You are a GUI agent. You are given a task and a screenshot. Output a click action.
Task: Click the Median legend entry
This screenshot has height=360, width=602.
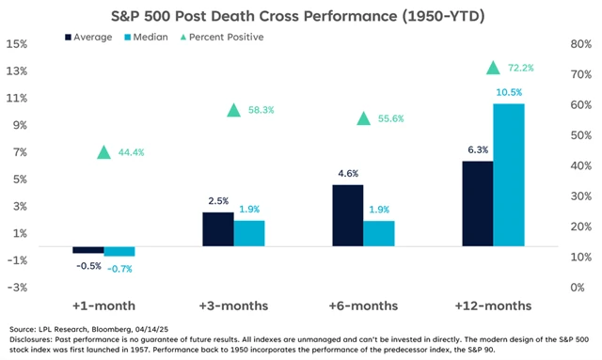pos(155,37)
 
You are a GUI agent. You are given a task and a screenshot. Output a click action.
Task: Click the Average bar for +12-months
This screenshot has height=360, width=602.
pos(477,204)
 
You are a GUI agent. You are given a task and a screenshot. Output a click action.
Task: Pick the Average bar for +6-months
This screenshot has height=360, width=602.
pos(348,215)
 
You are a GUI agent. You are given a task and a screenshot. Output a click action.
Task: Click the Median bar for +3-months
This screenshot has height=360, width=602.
pos(249,234)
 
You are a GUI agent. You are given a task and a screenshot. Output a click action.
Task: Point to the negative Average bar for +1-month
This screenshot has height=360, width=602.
pos(88,250)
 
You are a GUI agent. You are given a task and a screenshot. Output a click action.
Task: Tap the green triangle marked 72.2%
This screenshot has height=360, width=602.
pos(493,68)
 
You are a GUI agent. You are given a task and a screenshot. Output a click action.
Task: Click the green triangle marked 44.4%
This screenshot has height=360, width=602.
pos(104,152)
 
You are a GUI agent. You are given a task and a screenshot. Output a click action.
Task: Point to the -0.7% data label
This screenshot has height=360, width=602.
pos(119,269)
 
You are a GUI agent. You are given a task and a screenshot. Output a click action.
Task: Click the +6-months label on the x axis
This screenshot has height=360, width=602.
pos(363,306)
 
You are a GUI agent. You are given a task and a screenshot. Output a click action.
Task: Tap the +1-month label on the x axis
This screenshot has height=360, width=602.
pos(103,306)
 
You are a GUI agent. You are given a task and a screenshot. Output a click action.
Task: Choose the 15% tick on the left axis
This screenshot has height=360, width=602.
pos(16,44)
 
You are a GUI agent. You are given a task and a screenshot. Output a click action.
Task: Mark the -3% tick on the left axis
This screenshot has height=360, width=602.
pos(16,288)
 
